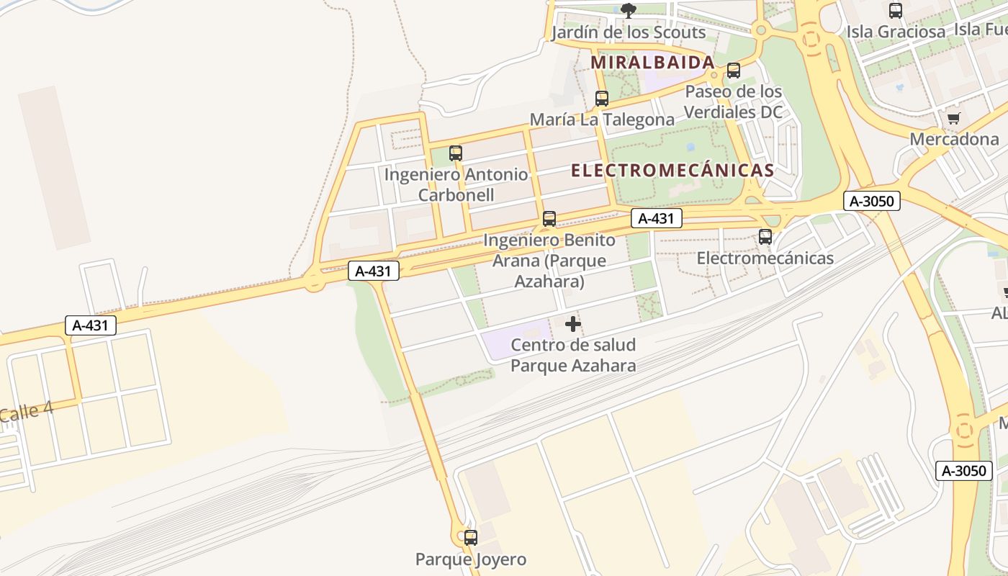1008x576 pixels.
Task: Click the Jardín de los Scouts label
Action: click(x=629, y=32)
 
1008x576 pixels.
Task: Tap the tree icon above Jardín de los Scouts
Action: click(x=629, y=10)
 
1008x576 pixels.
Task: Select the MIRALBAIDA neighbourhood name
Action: click(x=652, y=63)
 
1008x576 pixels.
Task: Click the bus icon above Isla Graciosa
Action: click(x=896, y=11)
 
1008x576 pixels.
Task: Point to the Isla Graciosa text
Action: click(x=896, y=32)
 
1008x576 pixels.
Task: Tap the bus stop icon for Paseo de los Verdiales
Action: click(x=734, y=71)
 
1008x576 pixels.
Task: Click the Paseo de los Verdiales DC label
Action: click(x=733, y=102)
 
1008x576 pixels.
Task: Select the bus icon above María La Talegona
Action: click(x=602, y=99)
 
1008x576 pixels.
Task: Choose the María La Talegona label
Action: click(x=602, y=120)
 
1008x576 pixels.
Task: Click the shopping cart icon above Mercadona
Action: click(x=954, y=118)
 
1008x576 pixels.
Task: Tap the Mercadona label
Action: click(x=954, y=139)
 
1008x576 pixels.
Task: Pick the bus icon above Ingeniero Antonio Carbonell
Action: click(x=456, y=153)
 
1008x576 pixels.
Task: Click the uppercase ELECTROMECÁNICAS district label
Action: click(x=672, y=171)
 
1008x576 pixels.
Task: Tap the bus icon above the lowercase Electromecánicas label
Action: click(x=765, y=237)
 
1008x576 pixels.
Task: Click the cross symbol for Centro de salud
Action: click(x=573, y=324)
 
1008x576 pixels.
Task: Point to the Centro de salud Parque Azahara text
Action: click(x=573, y=355)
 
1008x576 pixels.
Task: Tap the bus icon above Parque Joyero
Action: click(x=471, y=537)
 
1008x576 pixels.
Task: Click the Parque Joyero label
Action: click(x=471, y=559)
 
